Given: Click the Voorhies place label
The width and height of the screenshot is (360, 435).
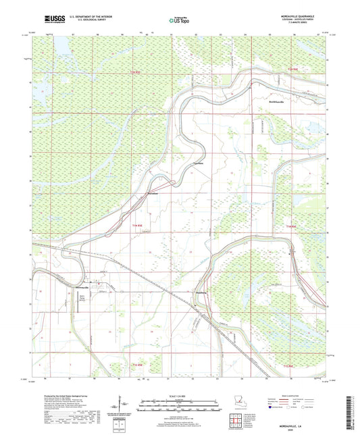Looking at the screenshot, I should pyautogui.click(x=199, y=163).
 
